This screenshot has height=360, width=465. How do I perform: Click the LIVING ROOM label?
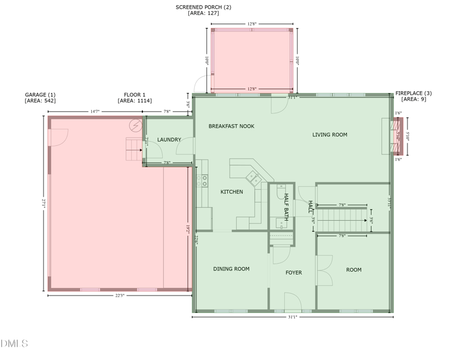pyautogui.click(x=330, y=135)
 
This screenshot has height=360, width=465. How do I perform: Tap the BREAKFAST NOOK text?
pyautogui.click(x=231, y=126)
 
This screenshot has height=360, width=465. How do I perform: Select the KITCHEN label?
pyautogui.click(x=231, y=192)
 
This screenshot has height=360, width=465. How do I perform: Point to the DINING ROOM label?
pyautogui.click(x=231, y=269)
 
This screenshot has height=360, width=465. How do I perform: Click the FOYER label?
pyautogui.click(x=294, y=272)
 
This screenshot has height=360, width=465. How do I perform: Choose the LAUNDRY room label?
pyautogui.click(x=169, y=139)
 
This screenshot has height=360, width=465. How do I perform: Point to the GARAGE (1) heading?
pyautogui.click(x=40, y=95)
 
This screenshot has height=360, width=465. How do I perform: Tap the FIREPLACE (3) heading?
pyautogui.click(x=413, y=93)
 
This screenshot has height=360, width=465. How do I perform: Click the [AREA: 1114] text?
pyautogui.click(x=135, y=101)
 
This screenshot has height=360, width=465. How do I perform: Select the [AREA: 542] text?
pyautogui.click(x=40, y=101)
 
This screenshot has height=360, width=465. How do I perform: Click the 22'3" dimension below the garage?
pyautogui.click(x=119, y=296)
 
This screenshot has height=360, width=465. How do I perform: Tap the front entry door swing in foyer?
pyautogui.click(x=292, y=302)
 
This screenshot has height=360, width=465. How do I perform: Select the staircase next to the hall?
pyautogui.click(x=344, y=220)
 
